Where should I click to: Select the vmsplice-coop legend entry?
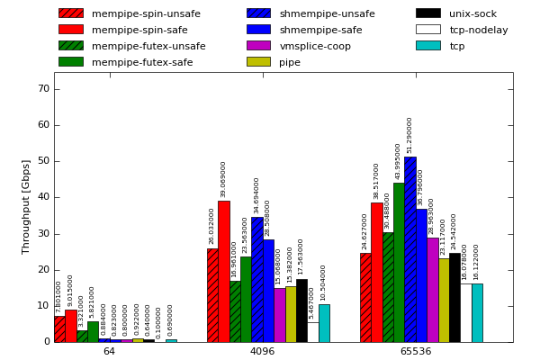coord(315,46)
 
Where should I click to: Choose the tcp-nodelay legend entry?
coord(478,30)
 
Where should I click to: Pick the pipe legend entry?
coord(290,62)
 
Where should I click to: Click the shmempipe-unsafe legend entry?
coord(327,13)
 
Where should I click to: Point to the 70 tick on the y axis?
coord(43,89)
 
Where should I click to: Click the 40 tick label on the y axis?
coord(43,197)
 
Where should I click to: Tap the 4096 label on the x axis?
coord(262,351)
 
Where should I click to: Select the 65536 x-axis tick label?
coord(415,351)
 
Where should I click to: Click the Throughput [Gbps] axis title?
coord(26,206)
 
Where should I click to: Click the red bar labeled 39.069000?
coord(223,271)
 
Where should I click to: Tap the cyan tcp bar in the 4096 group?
coord(324,323)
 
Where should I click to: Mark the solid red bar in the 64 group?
coord(70,326)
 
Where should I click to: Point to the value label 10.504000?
coord(324,283)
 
